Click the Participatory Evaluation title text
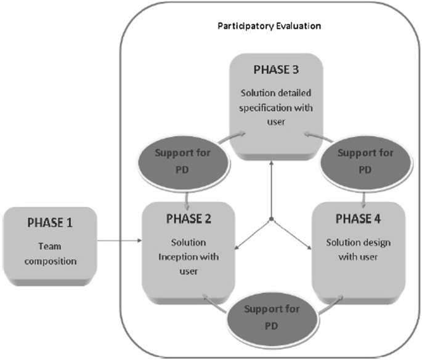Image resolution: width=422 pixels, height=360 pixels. tap(270, 27)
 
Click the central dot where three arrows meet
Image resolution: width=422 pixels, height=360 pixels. tap(271, 220)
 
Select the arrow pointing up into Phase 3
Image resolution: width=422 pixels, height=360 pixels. tap(271, 178)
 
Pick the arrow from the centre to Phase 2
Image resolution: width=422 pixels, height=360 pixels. tap(253, 234)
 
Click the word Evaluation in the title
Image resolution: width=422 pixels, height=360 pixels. tap(301, 27)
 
